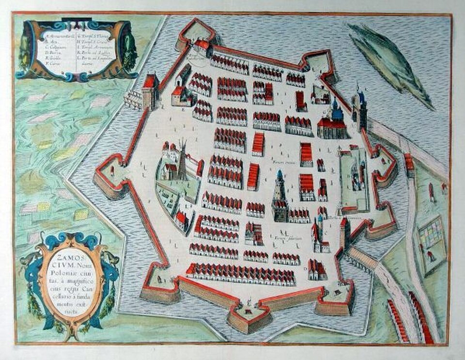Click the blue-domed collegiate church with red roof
point(334,121)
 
